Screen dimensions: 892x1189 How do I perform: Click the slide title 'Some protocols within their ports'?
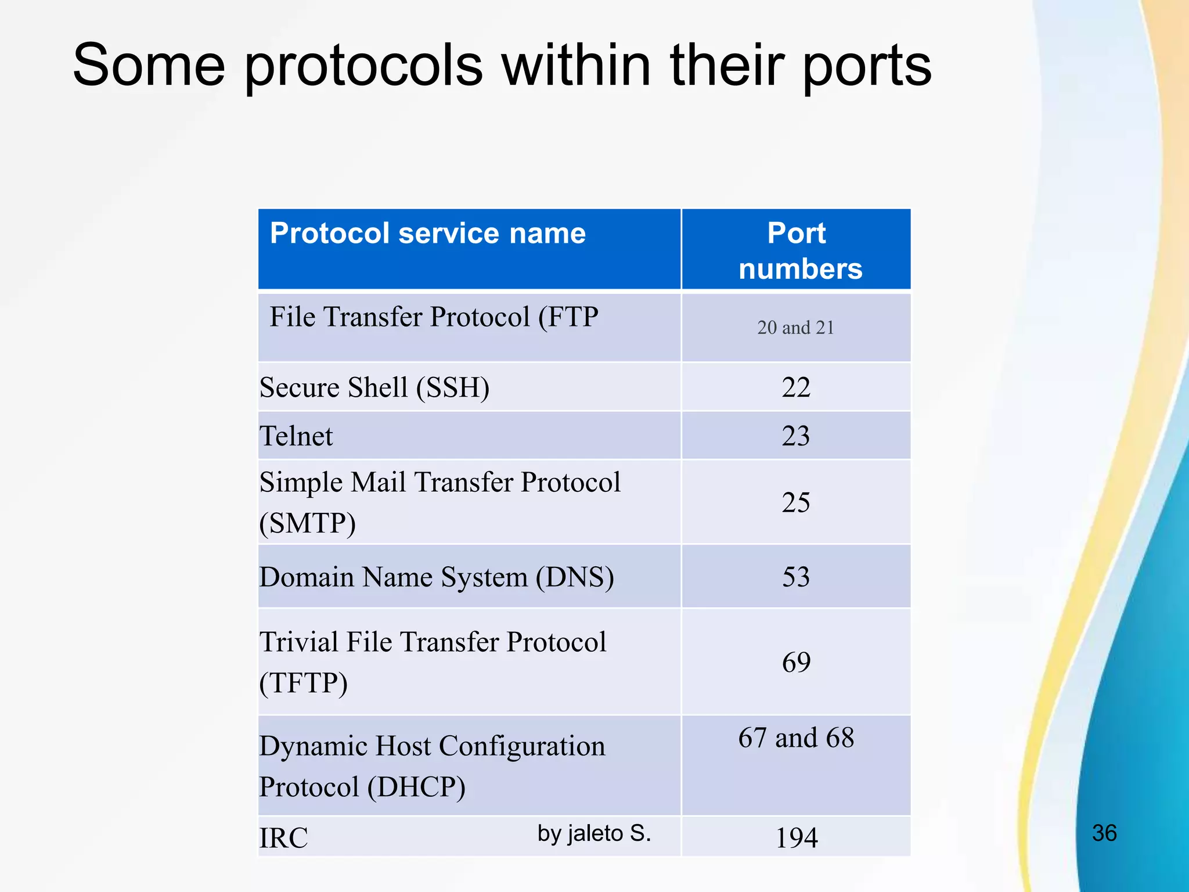tap(502, 65)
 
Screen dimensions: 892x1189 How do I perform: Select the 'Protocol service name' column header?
tap(428, 233)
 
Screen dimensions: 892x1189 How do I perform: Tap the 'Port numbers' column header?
tap(799, 251)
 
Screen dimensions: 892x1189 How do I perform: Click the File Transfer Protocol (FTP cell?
tap(434, 317)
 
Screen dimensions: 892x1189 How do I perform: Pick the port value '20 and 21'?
tap(795, 328)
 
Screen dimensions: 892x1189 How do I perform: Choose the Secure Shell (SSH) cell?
tap(374, 387)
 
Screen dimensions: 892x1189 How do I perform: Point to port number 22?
tap(795, 387)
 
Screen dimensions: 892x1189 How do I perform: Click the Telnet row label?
tap(296, 436)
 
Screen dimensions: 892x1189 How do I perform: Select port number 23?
tap(795, 436)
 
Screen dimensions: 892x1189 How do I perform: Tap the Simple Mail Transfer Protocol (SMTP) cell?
tap(439, 502)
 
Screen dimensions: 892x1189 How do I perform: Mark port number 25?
tap(795, 502)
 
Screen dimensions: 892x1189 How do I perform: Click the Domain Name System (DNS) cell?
tap(437, 577)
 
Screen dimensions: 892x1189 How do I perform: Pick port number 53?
tap(795, 577)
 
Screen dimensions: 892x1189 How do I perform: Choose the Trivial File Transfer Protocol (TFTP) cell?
tap(433, 662)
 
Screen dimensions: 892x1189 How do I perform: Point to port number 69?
tap(795, 662)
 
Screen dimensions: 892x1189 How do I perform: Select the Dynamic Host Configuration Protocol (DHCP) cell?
tap(432, 766)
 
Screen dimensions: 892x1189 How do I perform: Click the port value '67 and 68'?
tap(796, 738)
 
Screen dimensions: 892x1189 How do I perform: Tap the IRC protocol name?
tap(283, 838)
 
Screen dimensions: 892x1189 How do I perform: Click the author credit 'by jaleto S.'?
tap(594, 833)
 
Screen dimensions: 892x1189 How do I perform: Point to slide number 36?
tap(1104, 833)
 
